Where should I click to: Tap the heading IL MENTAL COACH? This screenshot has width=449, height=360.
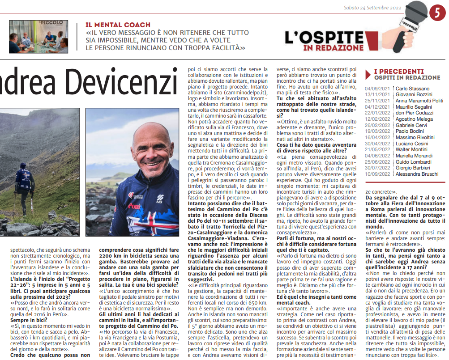click(118, 25)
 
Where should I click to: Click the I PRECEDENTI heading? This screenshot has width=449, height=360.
click(399, 71)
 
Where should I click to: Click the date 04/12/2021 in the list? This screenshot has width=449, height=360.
click(377, 107)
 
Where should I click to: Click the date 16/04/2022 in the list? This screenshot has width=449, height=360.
click(377, 137)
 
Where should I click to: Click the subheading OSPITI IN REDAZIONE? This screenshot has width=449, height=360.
click(407, 78)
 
